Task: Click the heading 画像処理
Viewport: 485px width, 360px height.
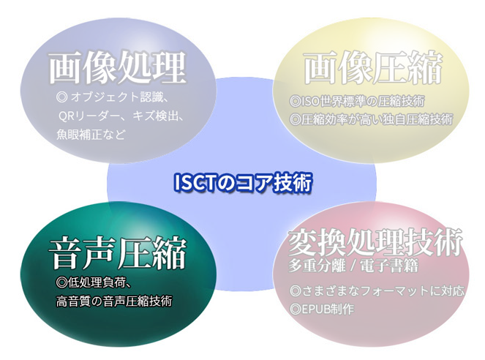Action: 118,67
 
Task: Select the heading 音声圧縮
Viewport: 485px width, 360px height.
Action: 118,253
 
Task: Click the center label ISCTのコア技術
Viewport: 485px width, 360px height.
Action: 243,182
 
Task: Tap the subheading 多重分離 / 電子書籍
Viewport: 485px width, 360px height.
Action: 353,266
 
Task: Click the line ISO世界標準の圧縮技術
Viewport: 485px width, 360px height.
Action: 358,101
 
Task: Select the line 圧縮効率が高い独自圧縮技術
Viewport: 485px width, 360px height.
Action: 372,119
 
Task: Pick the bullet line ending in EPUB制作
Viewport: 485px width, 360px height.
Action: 322,309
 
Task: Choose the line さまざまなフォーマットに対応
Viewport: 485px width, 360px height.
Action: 377,290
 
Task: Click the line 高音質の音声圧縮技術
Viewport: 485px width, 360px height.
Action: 114,301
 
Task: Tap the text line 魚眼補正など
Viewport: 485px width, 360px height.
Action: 91,135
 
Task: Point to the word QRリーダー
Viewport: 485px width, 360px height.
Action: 93,116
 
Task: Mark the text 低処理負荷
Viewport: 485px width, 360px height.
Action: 97,282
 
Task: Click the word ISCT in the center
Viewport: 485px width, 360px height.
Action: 195,182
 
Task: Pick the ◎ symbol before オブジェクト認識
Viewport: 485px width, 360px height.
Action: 62,97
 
